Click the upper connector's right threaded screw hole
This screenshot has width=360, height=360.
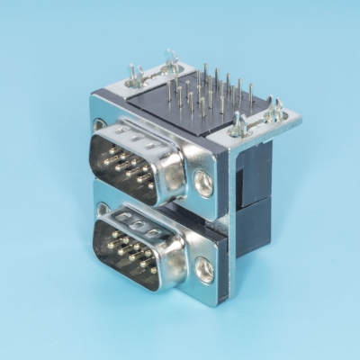tap(205, 183)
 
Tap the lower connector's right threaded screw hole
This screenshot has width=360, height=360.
tap(205, 269)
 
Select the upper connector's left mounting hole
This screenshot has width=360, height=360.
tap(99, 125)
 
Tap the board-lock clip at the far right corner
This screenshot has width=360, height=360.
tap(274, 110)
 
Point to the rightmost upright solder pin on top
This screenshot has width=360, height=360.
tap(250, 93)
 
